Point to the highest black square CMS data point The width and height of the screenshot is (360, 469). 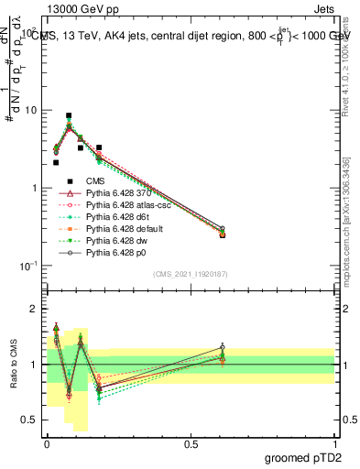pyautogui.click(x=69, y=116)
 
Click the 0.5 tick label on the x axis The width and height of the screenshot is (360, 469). pyautogui.click(x=191, y=444)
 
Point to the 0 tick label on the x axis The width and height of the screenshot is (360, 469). pyautogui.click(x=47, y=444)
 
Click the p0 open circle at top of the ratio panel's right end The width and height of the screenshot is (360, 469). pyautogui.click(x=221, y=347)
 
